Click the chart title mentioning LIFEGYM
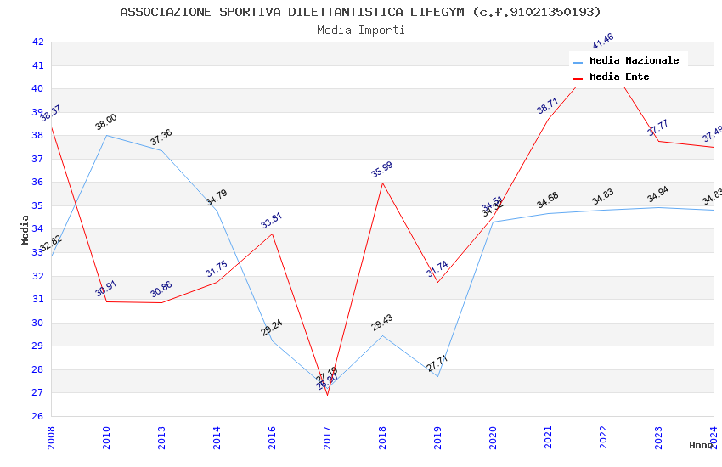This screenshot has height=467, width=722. [360, 12]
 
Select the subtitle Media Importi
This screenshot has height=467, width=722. [360, 31]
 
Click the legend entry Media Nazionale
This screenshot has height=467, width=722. [634, 61]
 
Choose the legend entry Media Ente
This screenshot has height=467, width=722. [619, 77]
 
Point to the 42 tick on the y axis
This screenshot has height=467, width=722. [37, 42]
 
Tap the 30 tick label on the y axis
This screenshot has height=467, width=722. [37, 323]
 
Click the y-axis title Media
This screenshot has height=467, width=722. [25, 229]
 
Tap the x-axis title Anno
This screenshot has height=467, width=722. [701, 445]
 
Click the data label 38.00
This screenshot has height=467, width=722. [106, 122]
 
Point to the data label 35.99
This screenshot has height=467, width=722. [382, 169]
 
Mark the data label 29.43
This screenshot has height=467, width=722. [382, 323]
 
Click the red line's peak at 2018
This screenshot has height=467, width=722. [382, 183]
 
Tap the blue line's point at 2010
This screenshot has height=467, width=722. [106, 135]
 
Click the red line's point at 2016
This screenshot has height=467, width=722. [272, 233]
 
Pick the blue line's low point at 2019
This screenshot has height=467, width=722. [437, 376]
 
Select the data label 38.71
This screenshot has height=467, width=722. [548, 105]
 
